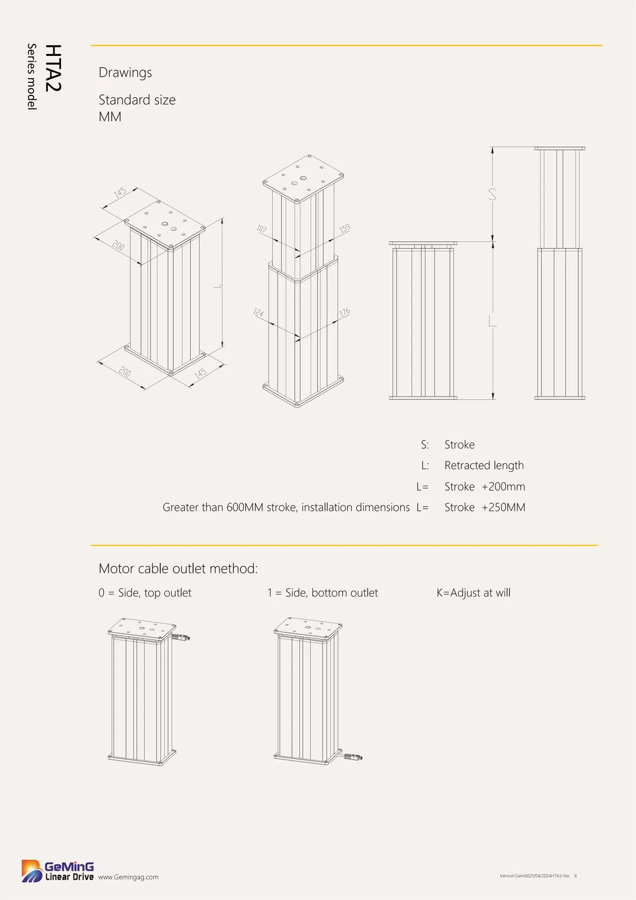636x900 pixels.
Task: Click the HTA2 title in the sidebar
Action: [x=53, y=68]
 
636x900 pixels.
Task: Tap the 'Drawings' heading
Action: [x=125, y=73]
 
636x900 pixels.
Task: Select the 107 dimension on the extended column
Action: [x=262, y=229]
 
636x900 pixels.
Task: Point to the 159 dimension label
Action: [x=344, y=229]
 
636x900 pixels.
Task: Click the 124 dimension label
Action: [x=259, y=313]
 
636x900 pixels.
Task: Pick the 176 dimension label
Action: [x=344, y=313]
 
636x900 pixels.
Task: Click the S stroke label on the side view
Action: [x=493, y=195]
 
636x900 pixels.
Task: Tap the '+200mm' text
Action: [x=503, y=487]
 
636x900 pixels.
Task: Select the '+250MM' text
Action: [x=503, y=507]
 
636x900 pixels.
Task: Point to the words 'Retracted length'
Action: [x=484, y=465]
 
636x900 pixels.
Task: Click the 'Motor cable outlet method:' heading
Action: [x=178, y=569]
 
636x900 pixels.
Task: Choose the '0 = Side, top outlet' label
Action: [x=145, y=593]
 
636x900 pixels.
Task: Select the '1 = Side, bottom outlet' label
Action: [x=323, y=593]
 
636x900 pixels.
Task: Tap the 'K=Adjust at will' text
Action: [x=473, y=593]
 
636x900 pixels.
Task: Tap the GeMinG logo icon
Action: [x=32, y=871]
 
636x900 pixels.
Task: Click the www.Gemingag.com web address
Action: [x=128, y=877]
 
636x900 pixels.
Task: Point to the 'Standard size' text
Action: [x=137, y=100]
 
